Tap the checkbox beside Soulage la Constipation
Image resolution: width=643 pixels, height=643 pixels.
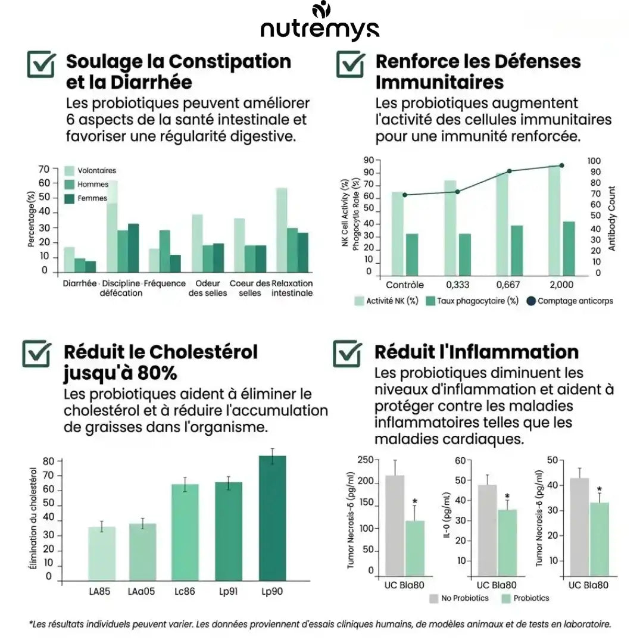pos(41,64)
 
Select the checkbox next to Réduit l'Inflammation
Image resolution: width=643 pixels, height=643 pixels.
pos(347,353)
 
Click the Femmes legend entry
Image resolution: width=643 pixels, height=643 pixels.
pos(86,198)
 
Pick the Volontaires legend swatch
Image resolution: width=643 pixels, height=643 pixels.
pos(69,171)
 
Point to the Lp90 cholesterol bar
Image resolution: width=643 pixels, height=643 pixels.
pos(272,519)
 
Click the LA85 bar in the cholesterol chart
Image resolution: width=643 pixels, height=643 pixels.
pos(102,554)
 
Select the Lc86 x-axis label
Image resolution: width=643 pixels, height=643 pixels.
pos(185,591)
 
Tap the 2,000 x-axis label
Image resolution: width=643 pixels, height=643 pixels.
pos(561,285)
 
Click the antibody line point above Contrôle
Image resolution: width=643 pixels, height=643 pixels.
pos(405,195)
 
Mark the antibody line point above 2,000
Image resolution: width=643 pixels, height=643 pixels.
pos(561,166)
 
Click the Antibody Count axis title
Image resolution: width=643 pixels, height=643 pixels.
pos(612,218)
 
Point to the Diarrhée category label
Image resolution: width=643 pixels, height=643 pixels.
pos(80,283)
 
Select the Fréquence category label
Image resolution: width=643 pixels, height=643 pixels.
pos(164,283)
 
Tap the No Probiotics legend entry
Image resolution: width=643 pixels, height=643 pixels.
pos(459,598)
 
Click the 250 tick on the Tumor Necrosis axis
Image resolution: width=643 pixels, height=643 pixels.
pos(366,460)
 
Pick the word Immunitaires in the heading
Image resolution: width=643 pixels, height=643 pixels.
pos(439,82)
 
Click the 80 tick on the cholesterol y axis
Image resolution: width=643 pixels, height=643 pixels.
pos(48,461)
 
